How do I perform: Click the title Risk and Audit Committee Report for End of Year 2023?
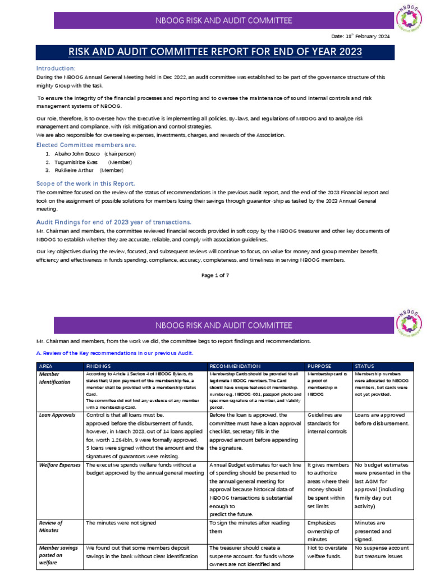click(215, 52)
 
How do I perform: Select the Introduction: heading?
click(56, 68)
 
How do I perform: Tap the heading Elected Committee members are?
click(86, 145)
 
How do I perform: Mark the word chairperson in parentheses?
click(120, 153)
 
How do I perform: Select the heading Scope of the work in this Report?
click(85, 184)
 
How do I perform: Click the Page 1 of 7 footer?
click(215, 275)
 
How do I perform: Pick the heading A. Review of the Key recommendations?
click(114, 353)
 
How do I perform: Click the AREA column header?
click(45, 366)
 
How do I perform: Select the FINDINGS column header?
click(99, 366)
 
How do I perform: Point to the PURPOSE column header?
click(320, 366)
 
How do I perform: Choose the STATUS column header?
click(365, 366)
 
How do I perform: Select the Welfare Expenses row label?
click(60, 465)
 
